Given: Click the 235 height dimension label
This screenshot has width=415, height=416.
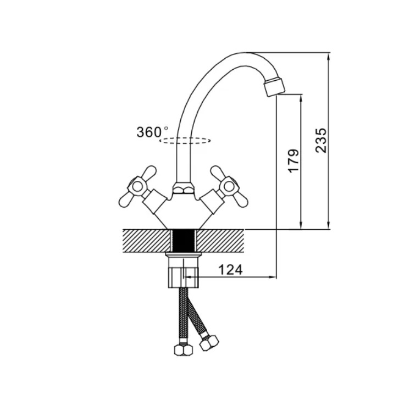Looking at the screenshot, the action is point(321,140).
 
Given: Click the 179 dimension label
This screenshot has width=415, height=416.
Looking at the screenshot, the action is point(294,162).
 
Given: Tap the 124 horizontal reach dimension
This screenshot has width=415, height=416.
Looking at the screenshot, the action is point(230,270).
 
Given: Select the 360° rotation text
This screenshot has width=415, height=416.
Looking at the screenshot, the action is point(152,132).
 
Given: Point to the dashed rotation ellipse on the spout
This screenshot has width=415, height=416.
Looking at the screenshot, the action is point(185,141).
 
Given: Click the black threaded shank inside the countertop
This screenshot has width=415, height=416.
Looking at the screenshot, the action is point(184,241).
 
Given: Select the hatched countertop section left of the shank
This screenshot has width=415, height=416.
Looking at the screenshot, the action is point(146,241).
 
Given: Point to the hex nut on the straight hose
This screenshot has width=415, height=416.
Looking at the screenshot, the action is point(184,350).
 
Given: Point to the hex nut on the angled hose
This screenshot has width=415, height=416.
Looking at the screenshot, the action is point(209,342).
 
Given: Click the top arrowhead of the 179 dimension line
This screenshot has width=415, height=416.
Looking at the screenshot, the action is point(301,98).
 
